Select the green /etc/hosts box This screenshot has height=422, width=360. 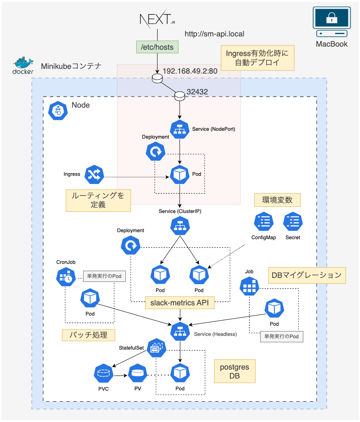click(157, 47)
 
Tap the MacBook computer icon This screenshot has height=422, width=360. click(331, 23)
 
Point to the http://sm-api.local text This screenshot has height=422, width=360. click(214, 34)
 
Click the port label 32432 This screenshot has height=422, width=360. click(197, 92)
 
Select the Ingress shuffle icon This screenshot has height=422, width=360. click(94, 175)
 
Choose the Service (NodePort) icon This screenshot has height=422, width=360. click(180, 129)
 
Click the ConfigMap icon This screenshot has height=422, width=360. click(263, 222)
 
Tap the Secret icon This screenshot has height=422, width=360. click(292, 222)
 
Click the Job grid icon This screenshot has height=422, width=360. click(249, 287)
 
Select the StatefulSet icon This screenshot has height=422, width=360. click(157, 348)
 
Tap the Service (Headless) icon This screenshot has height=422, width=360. click(180, 332)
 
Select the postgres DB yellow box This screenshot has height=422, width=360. click(234, 371)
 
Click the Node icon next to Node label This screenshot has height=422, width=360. click(58, 110)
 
